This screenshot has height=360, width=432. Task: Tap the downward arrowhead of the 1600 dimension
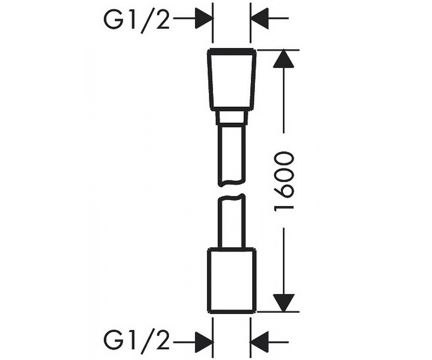pos(284,302)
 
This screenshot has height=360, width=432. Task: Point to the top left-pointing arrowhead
pos(259,18)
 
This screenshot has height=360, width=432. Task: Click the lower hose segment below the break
pos(232,221)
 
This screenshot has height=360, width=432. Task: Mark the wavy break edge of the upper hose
pos(232,183)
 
